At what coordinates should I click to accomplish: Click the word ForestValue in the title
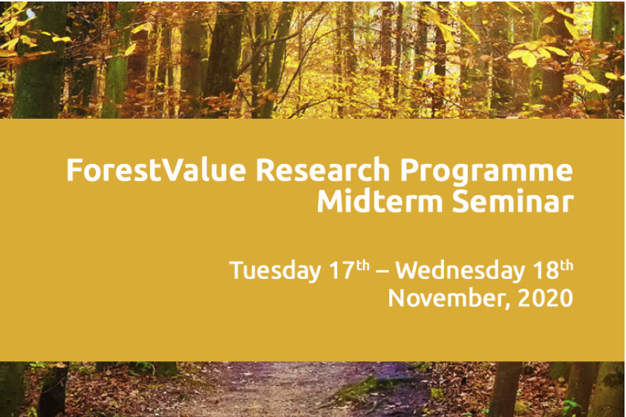pos(156,170)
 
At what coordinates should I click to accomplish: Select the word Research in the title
pos(322,170)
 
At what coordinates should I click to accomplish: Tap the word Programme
pos(486,172)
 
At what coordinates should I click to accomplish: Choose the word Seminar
pos(512,201)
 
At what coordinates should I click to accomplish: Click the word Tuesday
pos(275,272)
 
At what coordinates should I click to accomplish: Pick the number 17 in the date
pos(342,270)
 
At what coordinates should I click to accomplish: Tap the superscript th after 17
pos(362,266)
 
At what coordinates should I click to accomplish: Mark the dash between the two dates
pos(382,272)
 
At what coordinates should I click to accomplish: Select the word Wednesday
pos(460,272)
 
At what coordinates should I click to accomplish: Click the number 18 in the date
pos(546,270)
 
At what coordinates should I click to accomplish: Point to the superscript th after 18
pos(567,266)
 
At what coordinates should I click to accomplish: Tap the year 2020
pos(545,298)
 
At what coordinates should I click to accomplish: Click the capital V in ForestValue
pos(172,170)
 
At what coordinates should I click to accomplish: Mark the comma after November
pos(506,306)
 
